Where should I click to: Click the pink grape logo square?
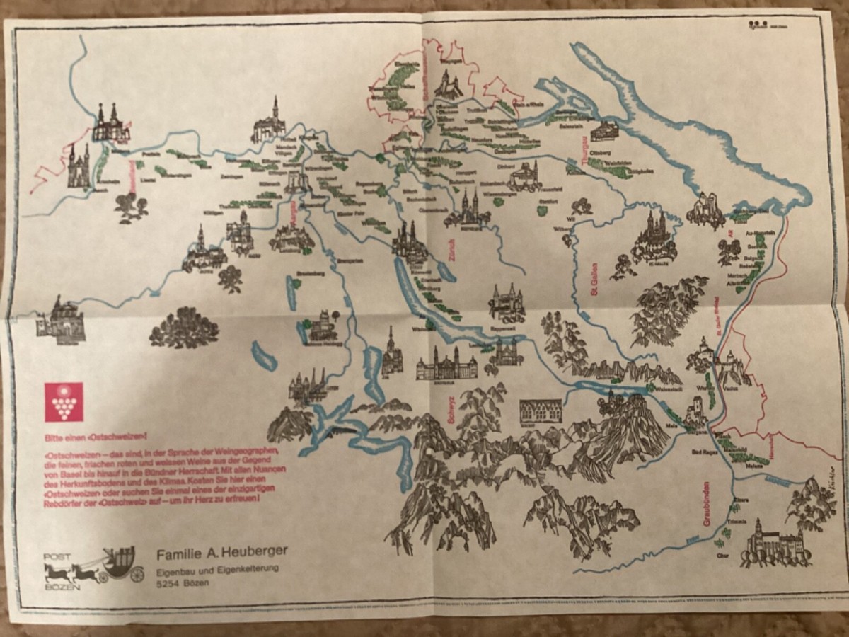63,401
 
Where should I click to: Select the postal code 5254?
168,584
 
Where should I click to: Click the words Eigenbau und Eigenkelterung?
218,569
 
